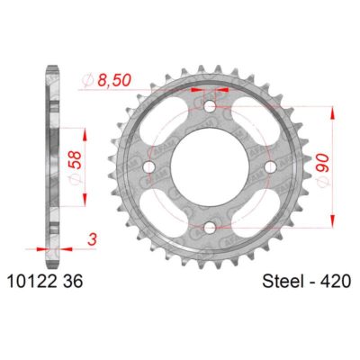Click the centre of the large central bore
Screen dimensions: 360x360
click(211, 166)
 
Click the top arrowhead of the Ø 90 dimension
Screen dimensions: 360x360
click(335, 110)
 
